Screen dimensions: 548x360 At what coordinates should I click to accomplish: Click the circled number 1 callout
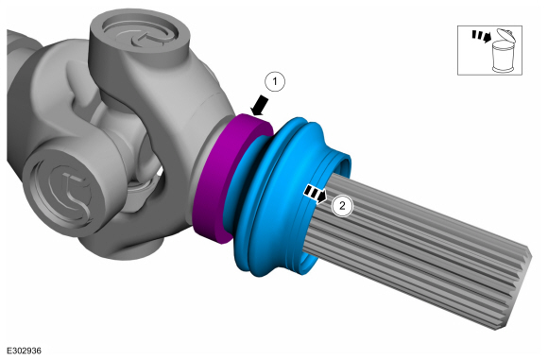click(275, 82)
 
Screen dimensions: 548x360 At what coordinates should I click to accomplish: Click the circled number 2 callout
click(342, 206)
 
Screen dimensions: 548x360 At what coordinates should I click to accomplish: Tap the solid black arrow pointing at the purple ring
click(260, 106)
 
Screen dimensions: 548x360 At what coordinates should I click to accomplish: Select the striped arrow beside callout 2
click(316, 194)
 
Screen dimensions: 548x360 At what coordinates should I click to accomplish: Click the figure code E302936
click(25, 351)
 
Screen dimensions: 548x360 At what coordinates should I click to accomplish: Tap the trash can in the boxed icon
click(502, 56)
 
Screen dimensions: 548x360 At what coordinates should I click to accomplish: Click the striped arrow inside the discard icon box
click(482, 36)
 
